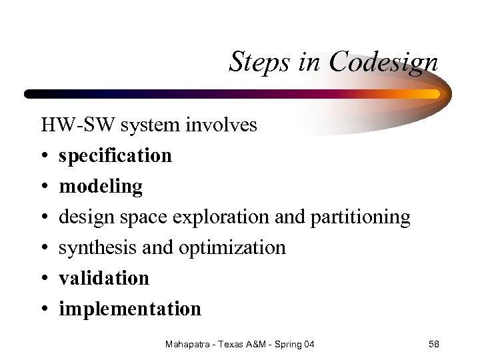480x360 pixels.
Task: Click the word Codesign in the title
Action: pos(383,63)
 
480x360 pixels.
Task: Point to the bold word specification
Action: pos(115,156)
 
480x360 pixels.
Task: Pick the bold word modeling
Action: pos(101,187)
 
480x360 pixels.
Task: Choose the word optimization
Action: pos(232,247)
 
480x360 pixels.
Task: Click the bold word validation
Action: pos(104,278)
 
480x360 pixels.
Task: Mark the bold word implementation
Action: pos(130,309)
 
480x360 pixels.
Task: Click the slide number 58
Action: pos(433,344)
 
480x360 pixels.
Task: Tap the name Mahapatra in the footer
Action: pos(189,344)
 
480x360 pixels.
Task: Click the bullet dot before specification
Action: pos(45,156)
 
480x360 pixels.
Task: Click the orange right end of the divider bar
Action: pos(433,94)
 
